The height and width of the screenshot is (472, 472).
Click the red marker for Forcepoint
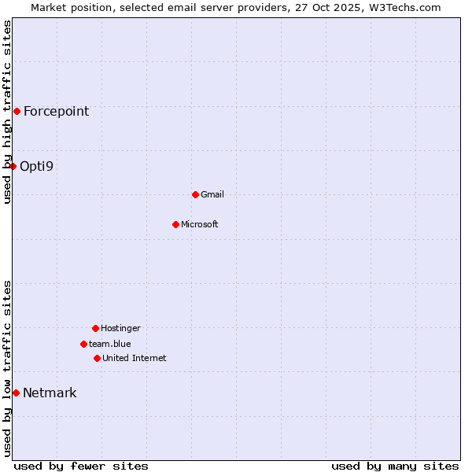click(17, 111)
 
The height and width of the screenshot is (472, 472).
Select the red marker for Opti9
click(13, 166)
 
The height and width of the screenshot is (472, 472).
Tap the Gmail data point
click(195, 194)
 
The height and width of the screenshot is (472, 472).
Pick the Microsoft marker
click(175, 224)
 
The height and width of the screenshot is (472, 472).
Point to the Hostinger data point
click(95, 328)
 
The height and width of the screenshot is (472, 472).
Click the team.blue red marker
click(83, 344)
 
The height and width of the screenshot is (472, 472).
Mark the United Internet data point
click(97, 358)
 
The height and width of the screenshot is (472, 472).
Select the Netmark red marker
click(16, 393)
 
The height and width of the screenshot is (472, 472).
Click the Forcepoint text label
click(56, 111)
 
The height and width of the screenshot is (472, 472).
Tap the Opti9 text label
click(36, 166)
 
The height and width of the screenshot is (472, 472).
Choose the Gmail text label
click(212, 194)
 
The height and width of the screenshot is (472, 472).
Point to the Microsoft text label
click(200, 224)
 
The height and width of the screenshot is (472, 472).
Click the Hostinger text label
click(120, 328)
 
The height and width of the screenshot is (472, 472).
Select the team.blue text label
click(110, 344)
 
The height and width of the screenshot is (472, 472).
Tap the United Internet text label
click(135, 358)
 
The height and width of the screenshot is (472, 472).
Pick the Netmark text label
click(50, 393)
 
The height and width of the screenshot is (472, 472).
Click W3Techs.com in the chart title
click(401, 7)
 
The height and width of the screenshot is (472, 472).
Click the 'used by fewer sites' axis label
click(81, 466)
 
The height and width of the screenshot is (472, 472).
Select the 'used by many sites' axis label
click(395, 466)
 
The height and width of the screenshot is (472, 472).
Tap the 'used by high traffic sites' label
click(8, 112)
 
